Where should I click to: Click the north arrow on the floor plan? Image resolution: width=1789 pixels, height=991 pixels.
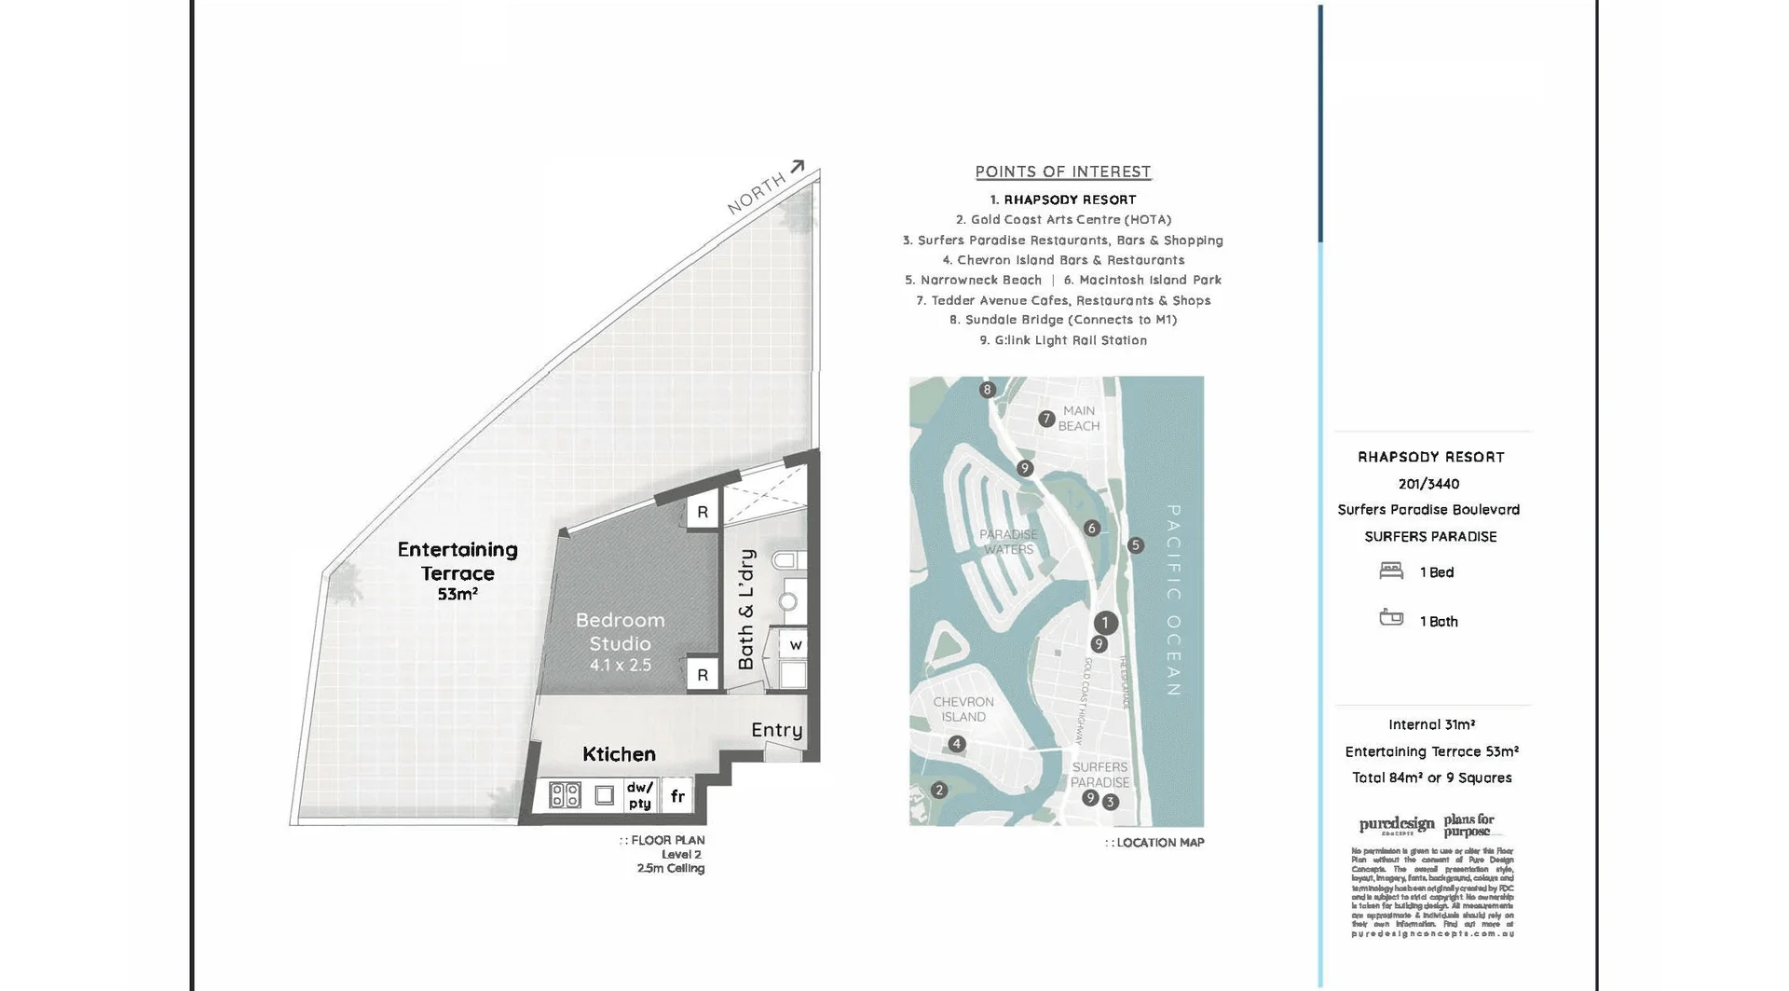pos(797,168)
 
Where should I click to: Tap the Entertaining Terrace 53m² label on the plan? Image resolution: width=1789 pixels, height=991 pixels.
pos(457,571)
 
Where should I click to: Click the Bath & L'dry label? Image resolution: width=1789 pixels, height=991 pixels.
pos(746,609)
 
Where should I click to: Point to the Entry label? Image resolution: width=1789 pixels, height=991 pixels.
pos(776,730)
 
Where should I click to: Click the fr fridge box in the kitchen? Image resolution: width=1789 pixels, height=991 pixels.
pos(677,796)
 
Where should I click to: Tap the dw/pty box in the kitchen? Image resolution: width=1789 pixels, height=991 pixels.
pos(639,795)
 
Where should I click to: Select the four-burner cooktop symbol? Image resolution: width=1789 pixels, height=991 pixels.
pos(565,795)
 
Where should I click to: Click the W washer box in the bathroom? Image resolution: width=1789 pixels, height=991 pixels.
pos(795,644)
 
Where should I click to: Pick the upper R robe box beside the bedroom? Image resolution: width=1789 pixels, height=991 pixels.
pos(703,512)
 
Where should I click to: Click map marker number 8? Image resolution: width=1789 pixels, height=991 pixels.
pos(988,390)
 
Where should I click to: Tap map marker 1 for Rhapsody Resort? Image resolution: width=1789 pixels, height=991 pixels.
pos(1105,623)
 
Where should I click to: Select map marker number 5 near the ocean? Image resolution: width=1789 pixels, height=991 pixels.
pos(1135,545)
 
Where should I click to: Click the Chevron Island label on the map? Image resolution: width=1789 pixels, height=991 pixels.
pos(963,709)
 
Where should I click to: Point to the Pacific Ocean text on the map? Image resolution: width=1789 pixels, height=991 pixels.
pos(1174,600)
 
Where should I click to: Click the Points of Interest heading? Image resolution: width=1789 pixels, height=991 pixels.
pos(1063,172)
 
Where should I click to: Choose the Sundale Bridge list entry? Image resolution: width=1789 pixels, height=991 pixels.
pos(1063,320)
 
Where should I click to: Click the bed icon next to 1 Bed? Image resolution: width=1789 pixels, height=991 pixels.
pos(1391,571)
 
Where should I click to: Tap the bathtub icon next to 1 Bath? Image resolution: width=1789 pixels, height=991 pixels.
pos(1391,618)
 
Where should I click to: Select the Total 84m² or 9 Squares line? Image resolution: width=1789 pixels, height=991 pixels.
pos(1431,778)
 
